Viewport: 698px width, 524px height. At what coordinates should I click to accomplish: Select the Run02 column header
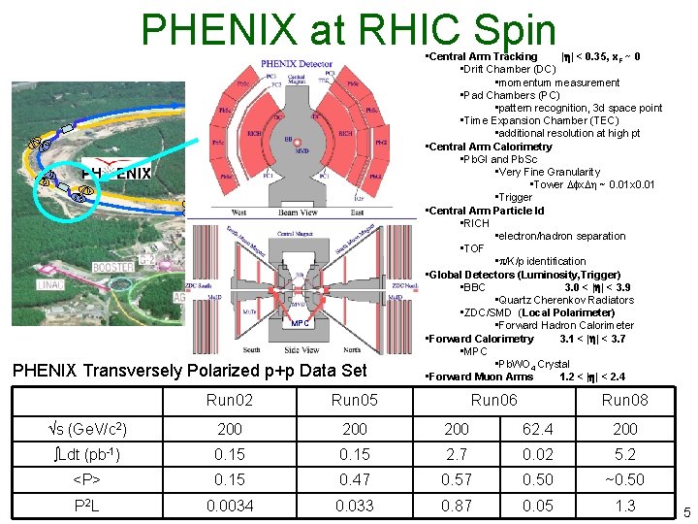coord(231,400)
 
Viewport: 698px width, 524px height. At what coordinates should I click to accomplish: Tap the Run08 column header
coord(625,400)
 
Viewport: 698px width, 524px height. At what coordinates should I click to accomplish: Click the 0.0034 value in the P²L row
coord(231,506)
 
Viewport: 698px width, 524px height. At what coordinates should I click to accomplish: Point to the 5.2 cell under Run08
coord(625,453)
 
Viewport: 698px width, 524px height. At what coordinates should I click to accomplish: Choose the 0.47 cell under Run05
coord(355,479)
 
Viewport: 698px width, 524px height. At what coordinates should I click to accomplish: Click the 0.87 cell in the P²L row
coord(456,506)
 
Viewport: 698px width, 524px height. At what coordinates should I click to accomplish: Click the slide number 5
coord(686,511)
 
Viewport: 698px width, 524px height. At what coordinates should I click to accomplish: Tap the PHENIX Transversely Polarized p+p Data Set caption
coord(201,370)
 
